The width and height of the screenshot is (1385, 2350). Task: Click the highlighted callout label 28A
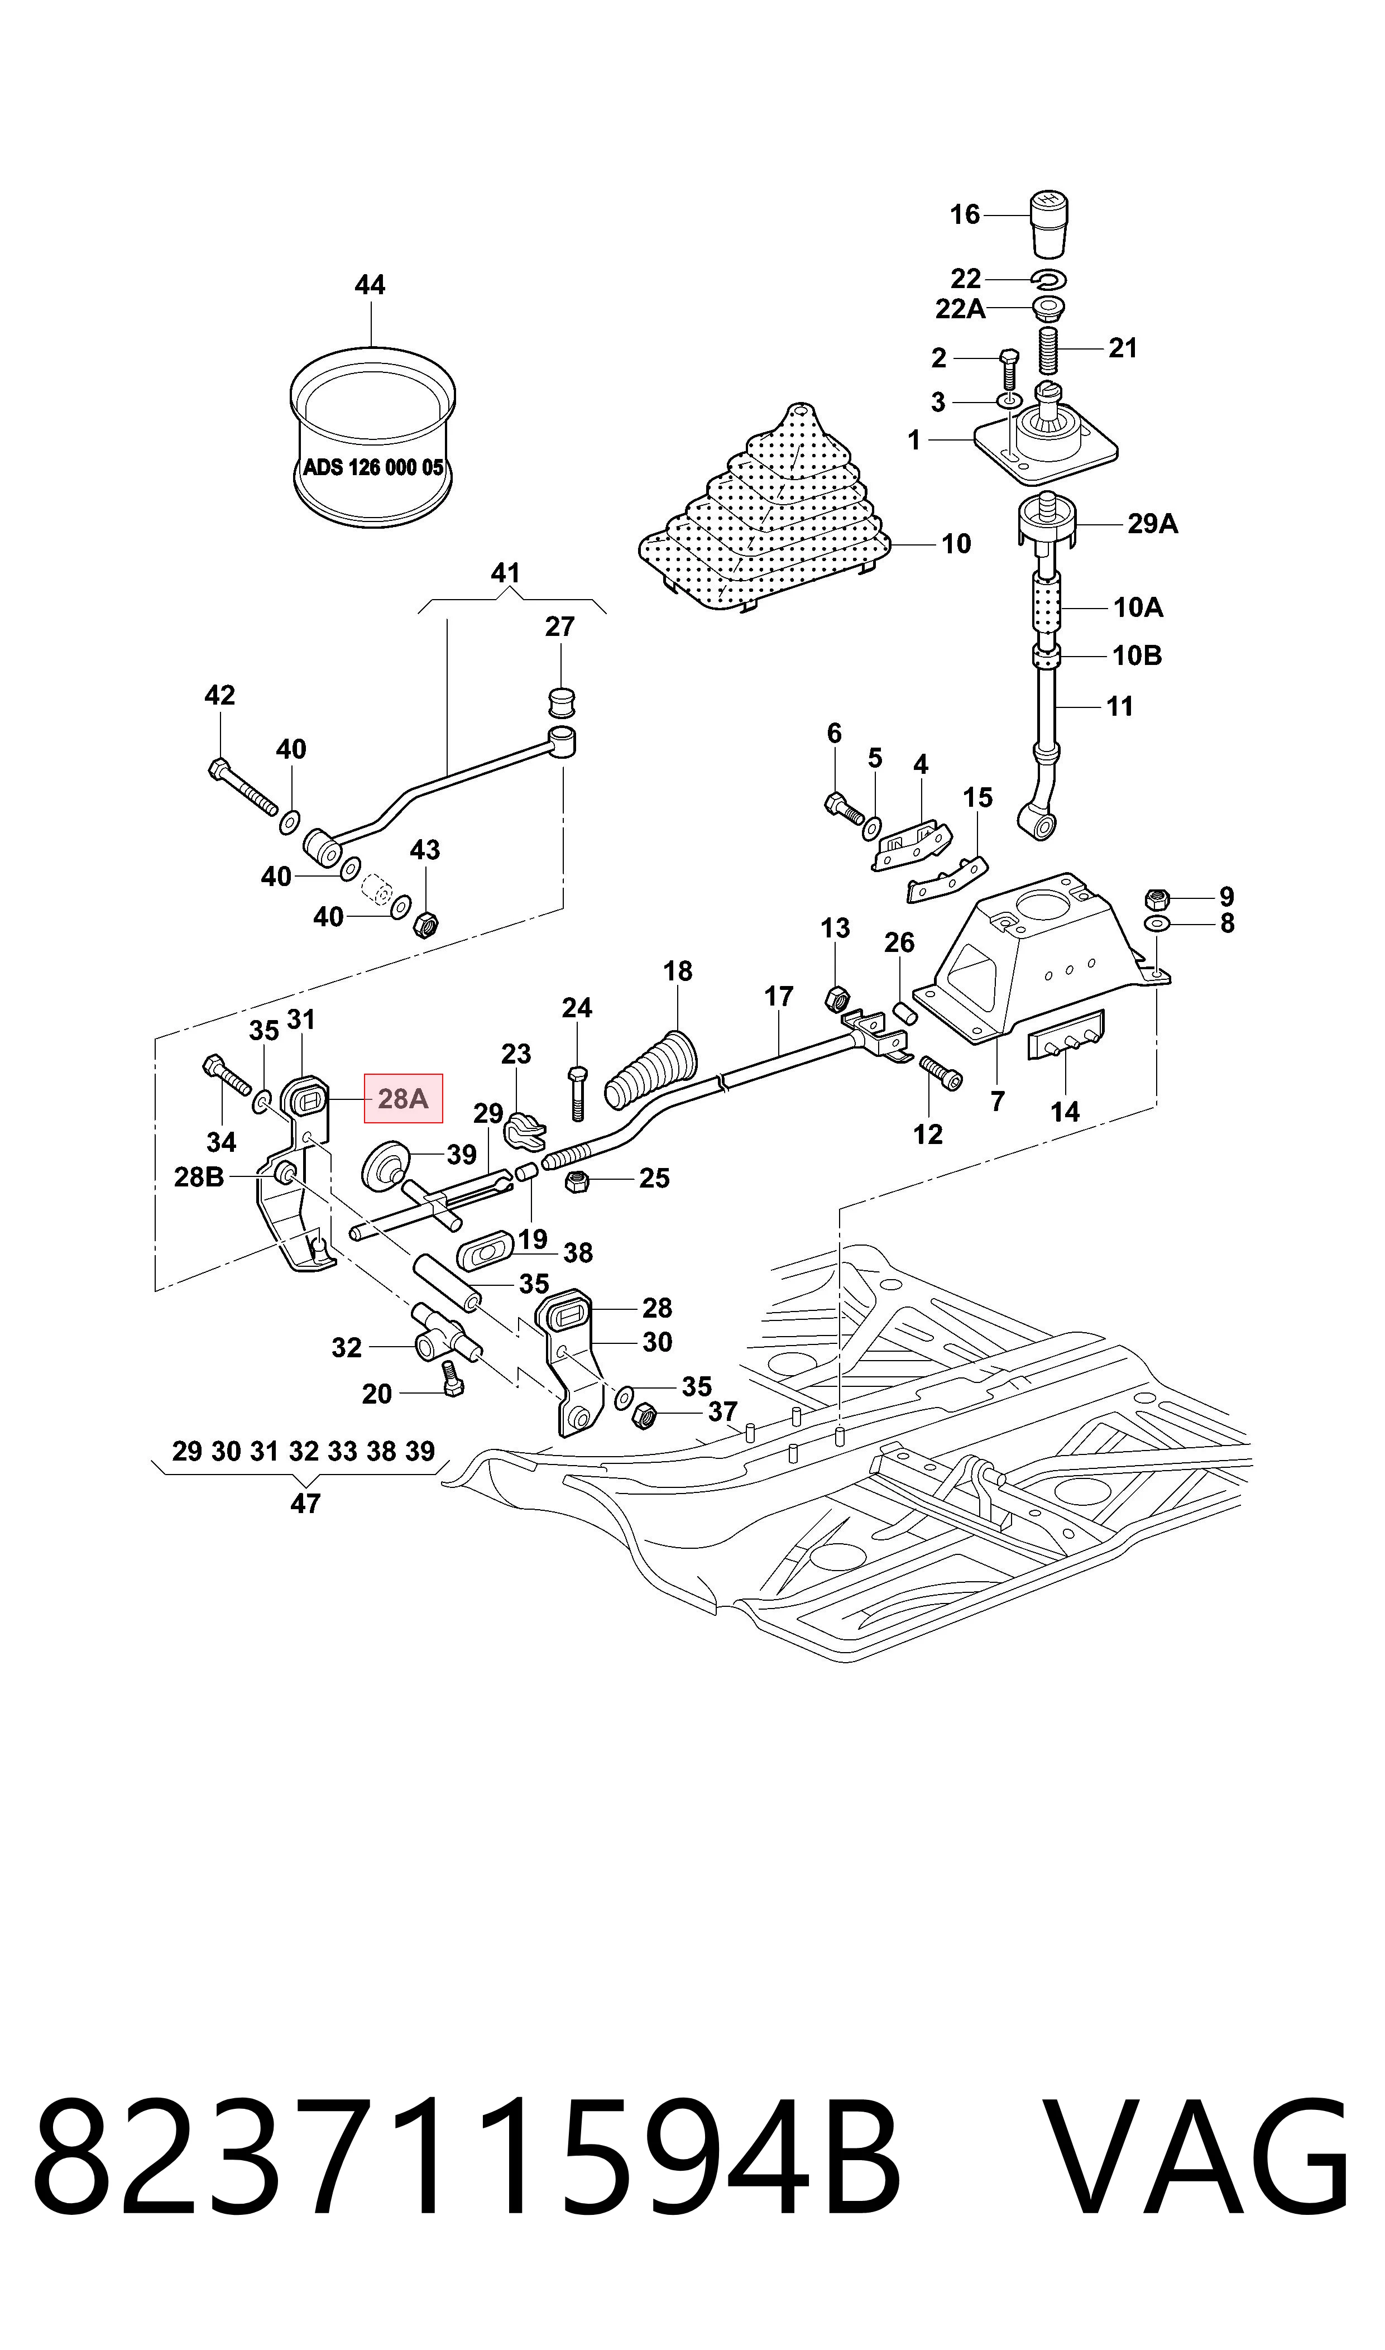point(403,1098)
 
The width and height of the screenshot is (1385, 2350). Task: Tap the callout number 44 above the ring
point(370,285)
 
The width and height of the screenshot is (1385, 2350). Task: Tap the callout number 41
point(505,572)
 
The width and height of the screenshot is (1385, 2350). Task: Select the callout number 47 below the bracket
point(305,1504)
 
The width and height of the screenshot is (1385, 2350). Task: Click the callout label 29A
point(1153,524)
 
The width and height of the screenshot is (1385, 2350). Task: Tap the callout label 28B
point(199,1178)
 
